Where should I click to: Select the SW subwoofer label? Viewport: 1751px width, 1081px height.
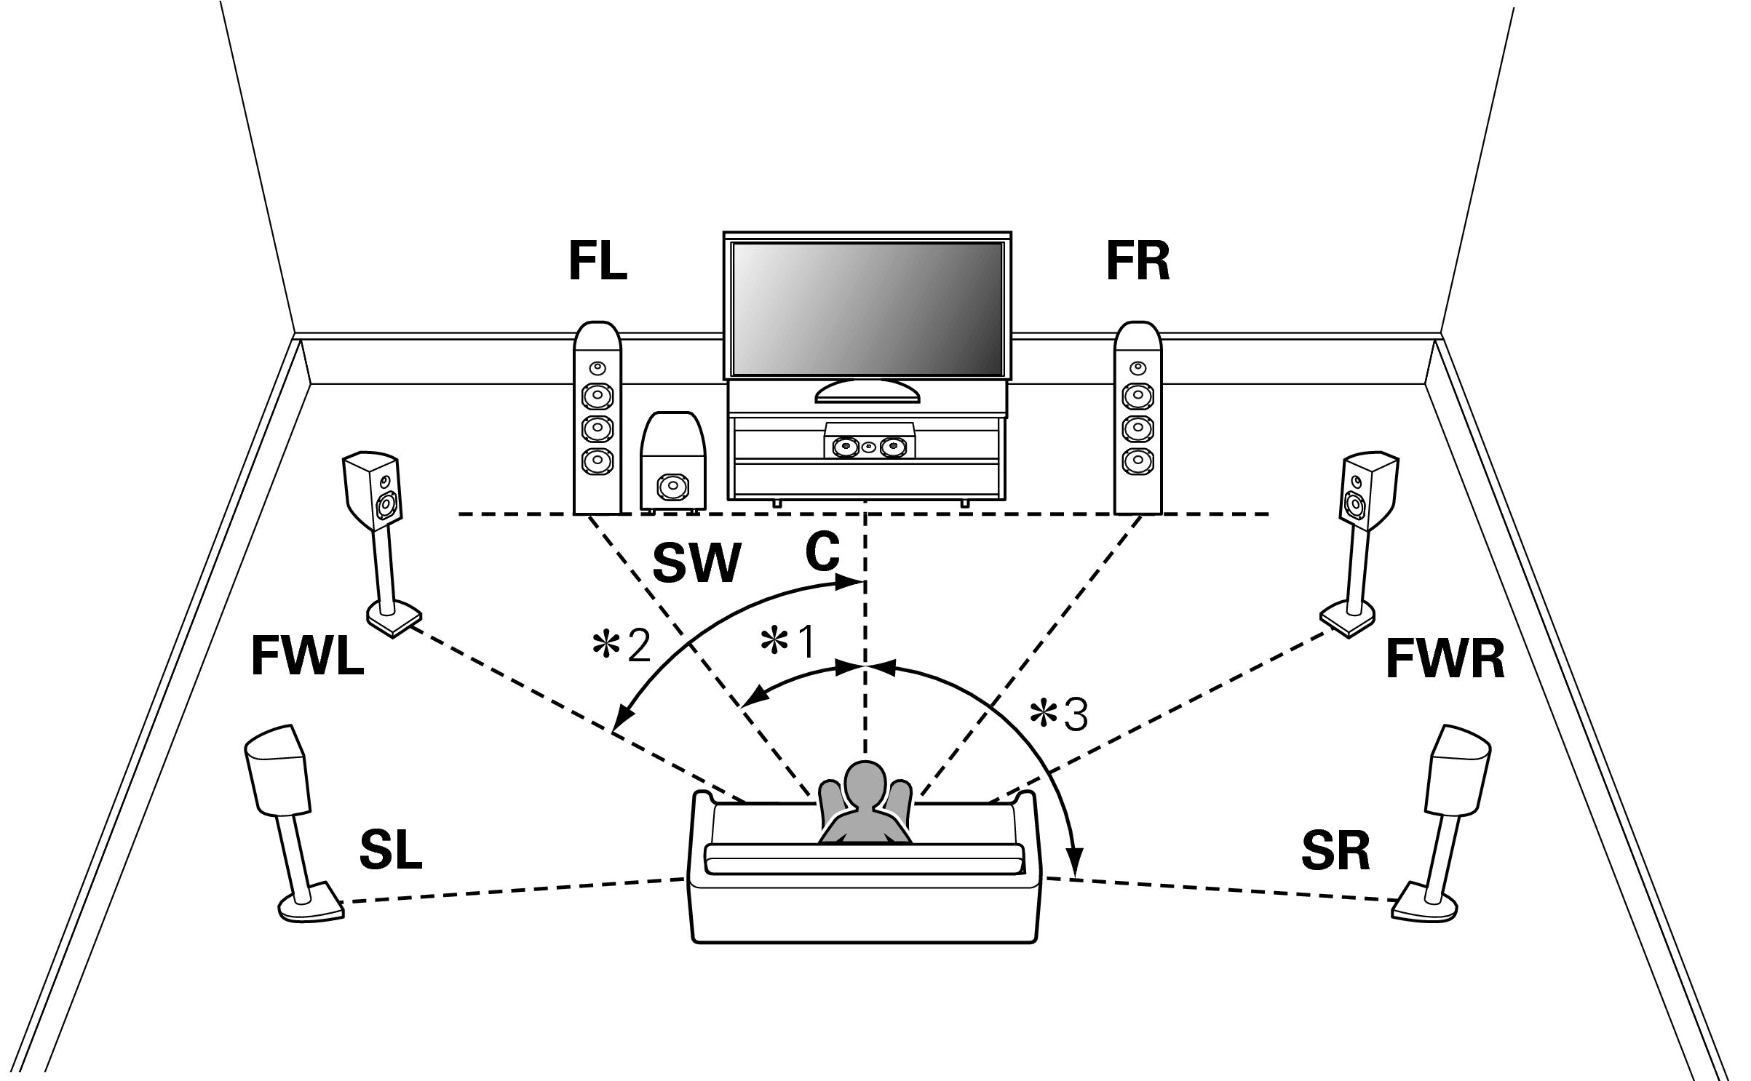coord(696,563)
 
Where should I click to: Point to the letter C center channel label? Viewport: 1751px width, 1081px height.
coord(822,553)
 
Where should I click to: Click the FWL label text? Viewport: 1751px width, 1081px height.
coord(307,657)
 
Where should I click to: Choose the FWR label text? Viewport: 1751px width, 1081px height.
coord(1445,660)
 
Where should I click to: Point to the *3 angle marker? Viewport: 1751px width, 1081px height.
coord(1059,715)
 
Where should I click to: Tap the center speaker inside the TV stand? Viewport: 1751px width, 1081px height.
coord(869,444)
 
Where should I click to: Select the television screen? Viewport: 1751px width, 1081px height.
coord(867,308)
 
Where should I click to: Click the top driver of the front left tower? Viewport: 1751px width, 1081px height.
coord(597,367)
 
